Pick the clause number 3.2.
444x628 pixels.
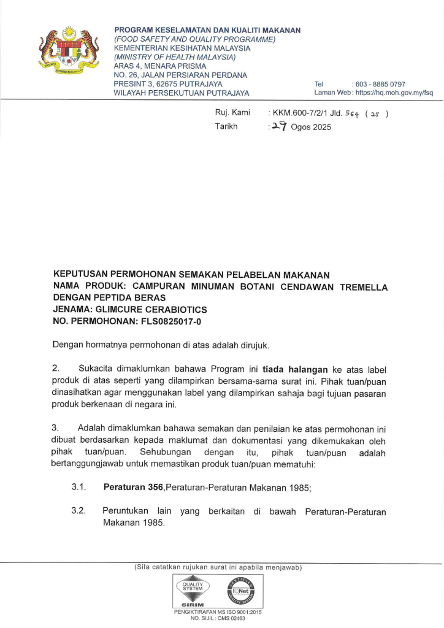coord(78,511)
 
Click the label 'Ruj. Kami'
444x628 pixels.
coord(228,113)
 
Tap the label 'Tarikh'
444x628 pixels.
coord(226,126)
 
